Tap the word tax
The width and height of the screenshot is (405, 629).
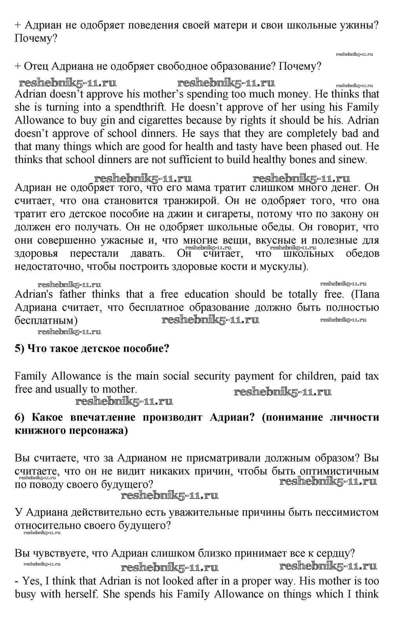pyautogui.click(x=372, y=376)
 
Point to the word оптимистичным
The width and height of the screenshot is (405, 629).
pyautogui.click(x=339, y=471)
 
